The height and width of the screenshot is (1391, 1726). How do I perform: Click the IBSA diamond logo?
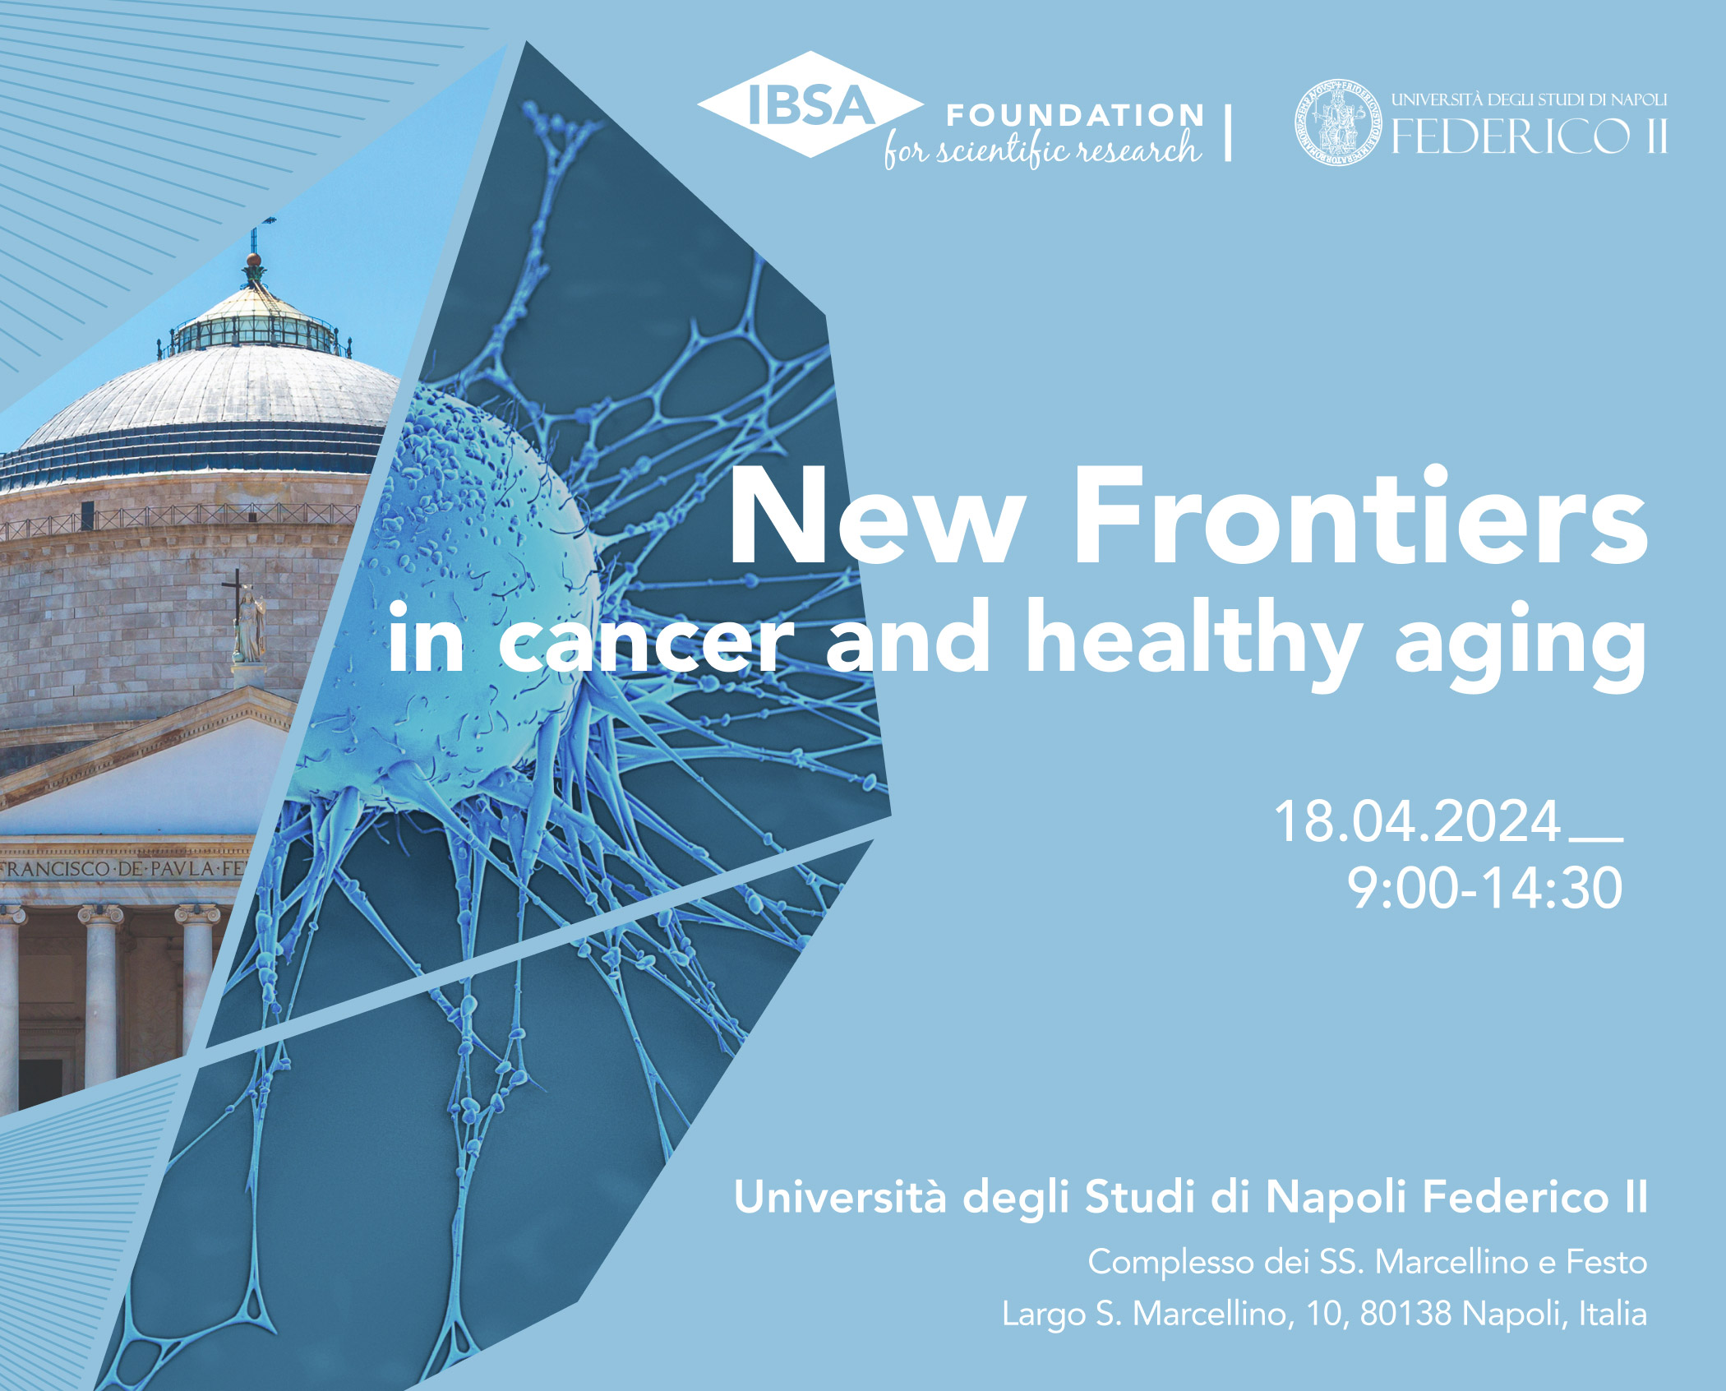click(810, 104)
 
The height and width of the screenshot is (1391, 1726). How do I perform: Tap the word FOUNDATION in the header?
click(1075, 115)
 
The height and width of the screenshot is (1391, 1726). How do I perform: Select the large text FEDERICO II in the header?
click(1529, 136)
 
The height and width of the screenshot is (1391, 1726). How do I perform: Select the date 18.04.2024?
click(1418, 820)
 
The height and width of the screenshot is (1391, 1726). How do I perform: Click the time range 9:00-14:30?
click(1485, 889)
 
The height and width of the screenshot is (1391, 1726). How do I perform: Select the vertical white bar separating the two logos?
click(1228, 132)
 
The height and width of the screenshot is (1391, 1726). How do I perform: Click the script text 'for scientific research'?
click(1042, 150)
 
